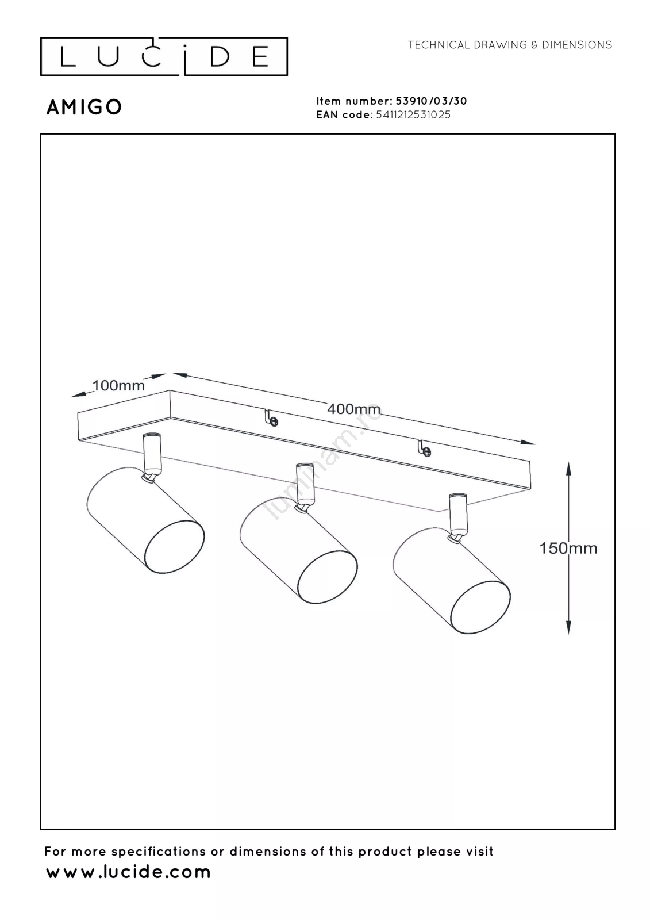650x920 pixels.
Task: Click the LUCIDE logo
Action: coord(164,56)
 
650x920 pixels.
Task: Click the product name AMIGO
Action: coord(84,108)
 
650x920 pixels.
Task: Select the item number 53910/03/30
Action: coord(431,101)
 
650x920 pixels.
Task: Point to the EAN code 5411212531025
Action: coord(413,114)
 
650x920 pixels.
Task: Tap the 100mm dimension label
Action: coord(118,386)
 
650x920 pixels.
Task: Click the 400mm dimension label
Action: coord(353,409)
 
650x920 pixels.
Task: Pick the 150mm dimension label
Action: coord(568,549)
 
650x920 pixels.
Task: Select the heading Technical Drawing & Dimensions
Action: coord(510,45)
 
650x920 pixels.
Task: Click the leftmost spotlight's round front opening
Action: coord(174,547)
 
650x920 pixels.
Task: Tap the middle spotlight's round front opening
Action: coord(327,577)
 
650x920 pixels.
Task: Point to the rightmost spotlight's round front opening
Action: coord(480,607)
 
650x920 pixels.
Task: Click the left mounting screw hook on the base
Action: coord(271,418)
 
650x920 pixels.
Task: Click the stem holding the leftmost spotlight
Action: coord(152,455)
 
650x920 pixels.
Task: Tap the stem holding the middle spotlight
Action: coord(305,485)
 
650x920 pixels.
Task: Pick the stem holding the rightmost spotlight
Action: coord(457,516)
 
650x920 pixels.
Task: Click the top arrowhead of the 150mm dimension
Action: coord(569,469)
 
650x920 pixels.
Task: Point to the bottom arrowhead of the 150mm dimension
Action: coord(569,627)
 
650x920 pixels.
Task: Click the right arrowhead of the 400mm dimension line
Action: coord(528,443)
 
